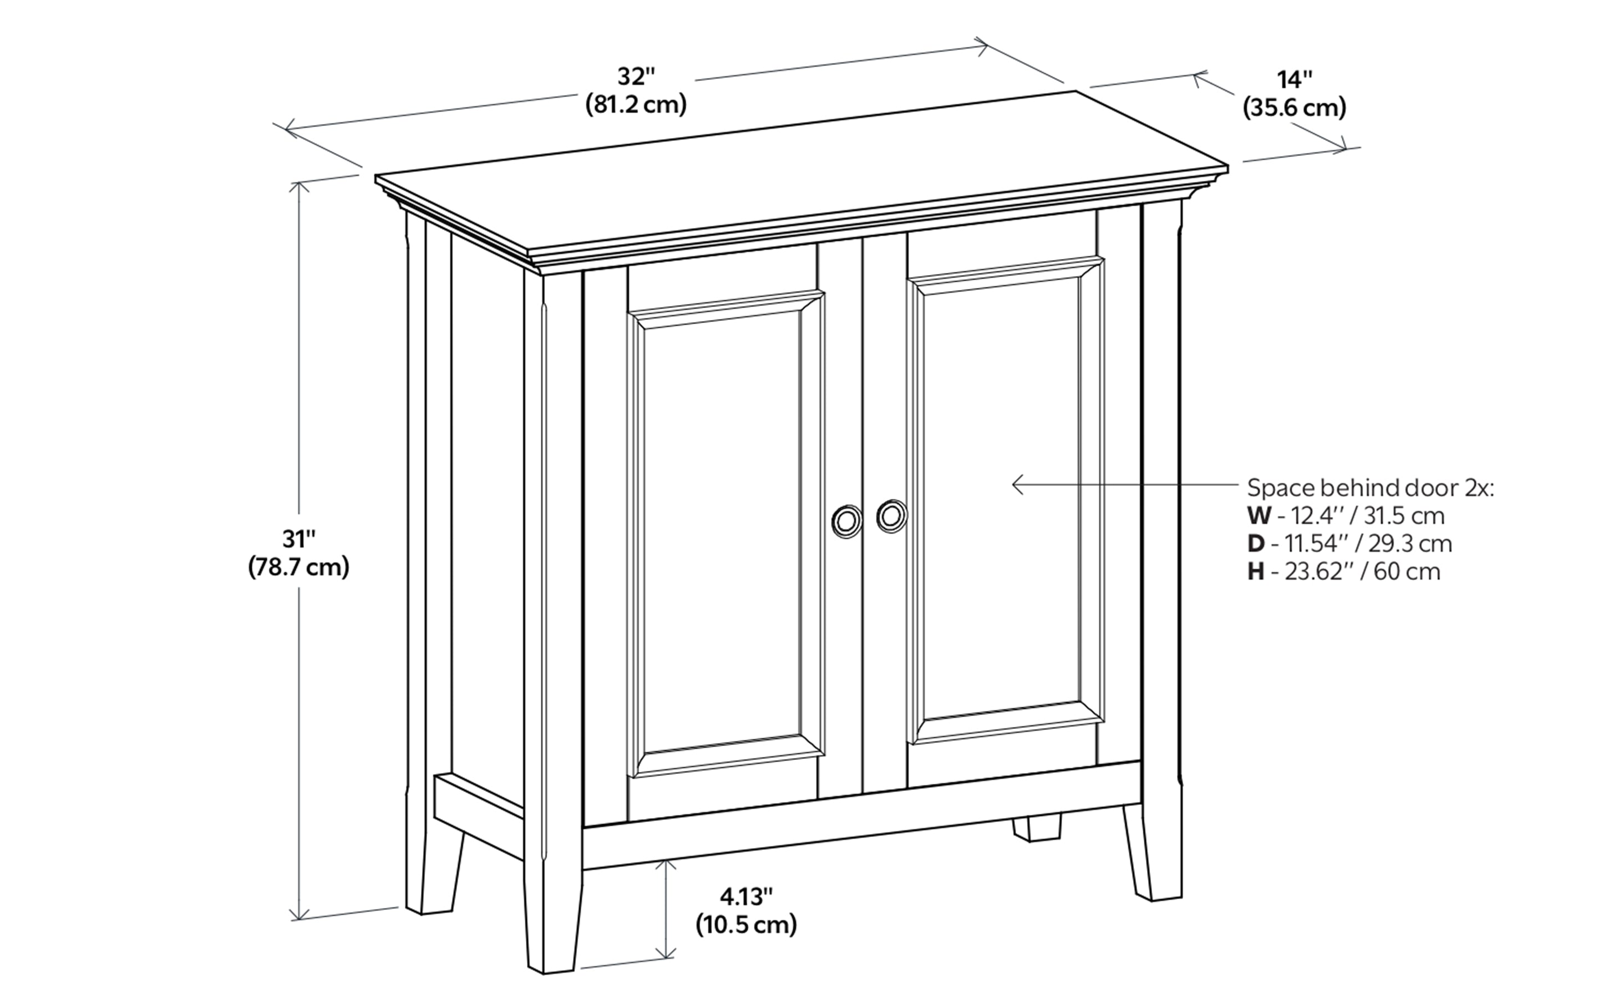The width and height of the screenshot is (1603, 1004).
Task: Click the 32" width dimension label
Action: [x=636, y=77]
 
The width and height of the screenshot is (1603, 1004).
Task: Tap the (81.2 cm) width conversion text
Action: [x=636, y=105]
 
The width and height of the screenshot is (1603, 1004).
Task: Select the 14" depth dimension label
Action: [x=1294, y=80]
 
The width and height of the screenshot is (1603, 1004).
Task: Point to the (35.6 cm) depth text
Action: [x=1294, y=108]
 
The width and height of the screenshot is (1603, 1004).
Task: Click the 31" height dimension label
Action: [x=298, y=539]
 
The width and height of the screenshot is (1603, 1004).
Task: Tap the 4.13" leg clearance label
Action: [x=747, y=896]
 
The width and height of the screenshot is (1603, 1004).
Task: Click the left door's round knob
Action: [x=846, y=521]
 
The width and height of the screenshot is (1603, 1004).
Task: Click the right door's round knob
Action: [x=891, y=516]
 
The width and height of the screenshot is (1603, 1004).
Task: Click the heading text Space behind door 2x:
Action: [x=1370, y=488]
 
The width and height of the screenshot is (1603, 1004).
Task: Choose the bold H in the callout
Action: [x=1256, y=572]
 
